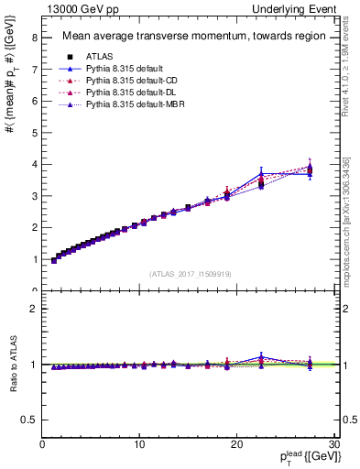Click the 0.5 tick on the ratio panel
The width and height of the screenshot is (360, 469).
[x=29, y=420]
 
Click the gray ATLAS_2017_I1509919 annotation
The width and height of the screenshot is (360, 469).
[x=189, y=273]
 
